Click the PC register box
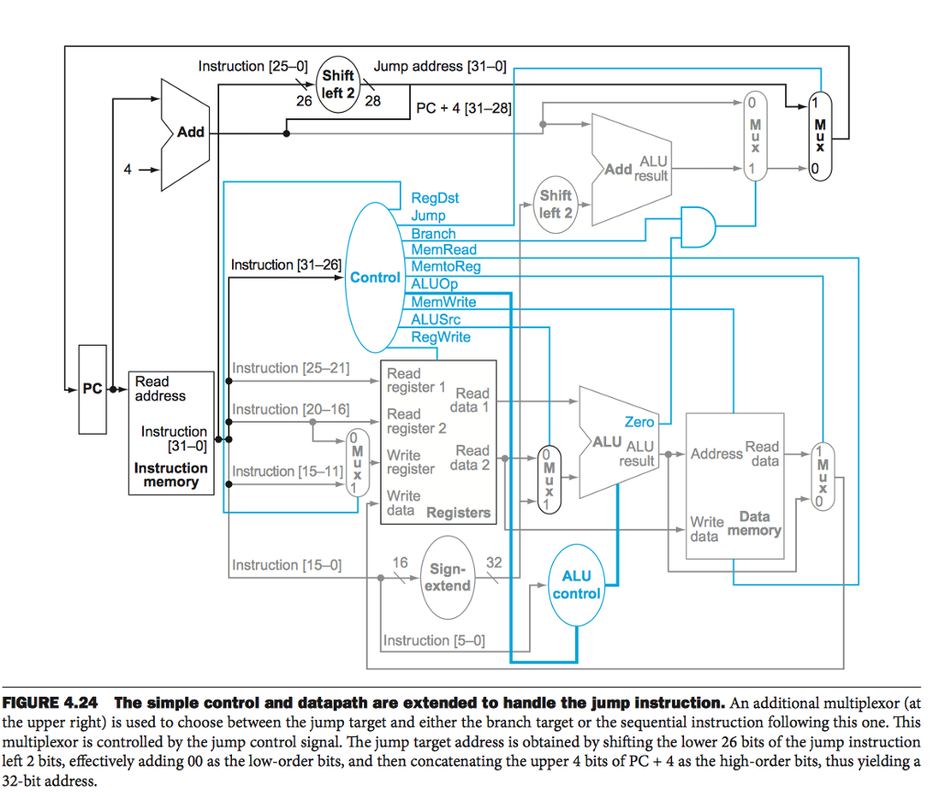point(93,389)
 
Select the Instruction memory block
point(171,431)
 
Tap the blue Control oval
point(376,277)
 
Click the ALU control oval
point(576,584)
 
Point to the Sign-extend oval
point(449,578)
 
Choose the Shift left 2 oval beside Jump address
point(338,84)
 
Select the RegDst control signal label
point(435,198)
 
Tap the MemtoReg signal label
point(446,267)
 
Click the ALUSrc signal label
point(436,319)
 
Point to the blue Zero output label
point(639,422)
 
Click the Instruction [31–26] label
point(285,265)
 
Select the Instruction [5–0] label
point(434,640)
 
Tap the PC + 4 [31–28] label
point(463,108)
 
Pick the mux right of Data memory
point(822,477)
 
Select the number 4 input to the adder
point(127,170)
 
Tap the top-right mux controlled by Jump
point(819,135)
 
